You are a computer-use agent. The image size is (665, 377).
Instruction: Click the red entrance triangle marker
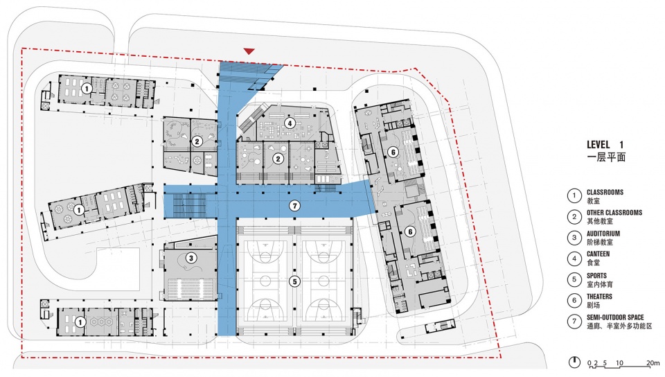249,52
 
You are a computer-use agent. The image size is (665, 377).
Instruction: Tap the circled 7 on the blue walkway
294,206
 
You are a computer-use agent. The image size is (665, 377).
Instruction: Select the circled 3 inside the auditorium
191,258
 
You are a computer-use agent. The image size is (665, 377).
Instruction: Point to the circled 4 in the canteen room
290,123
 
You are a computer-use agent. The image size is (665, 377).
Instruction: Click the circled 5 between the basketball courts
294,281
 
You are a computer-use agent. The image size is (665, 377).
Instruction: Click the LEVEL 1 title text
605,145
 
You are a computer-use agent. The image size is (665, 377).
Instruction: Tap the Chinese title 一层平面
606,157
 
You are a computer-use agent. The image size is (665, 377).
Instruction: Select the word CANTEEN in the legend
598,254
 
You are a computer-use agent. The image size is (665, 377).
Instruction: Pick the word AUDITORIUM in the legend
603,234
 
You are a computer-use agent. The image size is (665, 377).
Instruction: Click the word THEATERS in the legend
599,297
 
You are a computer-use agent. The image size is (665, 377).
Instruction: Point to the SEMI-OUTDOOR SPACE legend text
615,317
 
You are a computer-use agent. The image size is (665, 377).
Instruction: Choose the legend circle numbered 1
574,195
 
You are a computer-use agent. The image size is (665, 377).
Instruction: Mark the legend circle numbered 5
574,279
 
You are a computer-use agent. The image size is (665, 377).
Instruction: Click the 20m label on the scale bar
653,363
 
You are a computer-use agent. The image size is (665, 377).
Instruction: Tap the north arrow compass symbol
574,362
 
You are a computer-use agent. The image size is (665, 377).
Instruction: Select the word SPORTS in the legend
596,276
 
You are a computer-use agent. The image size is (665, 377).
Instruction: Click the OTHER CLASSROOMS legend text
614,213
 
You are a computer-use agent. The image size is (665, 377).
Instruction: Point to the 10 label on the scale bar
619,363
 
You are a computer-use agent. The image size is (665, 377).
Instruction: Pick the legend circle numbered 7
574,322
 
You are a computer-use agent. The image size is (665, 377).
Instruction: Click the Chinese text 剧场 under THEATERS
594,306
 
